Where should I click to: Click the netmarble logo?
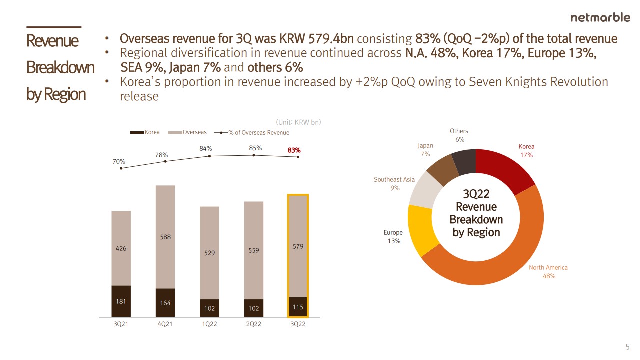(600, 18)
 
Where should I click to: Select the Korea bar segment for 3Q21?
(121, 301)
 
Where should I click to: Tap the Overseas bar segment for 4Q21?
(165, 237)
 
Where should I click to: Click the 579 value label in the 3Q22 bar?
(298, 247)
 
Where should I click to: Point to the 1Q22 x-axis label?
(209, 324)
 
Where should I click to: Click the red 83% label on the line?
(294, 150)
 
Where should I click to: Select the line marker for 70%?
(121, 168)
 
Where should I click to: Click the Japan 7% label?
(425, 150)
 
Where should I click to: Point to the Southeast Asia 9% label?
(394, 184)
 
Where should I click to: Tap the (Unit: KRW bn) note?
(298, 122)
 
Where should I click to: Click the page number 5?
(627, 348)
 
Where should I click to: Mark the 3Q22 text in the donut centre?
(476, 194)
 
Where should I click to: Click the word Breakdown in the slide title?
(60, 67)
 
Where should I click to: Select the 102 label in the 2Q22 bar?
(254, 308)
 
